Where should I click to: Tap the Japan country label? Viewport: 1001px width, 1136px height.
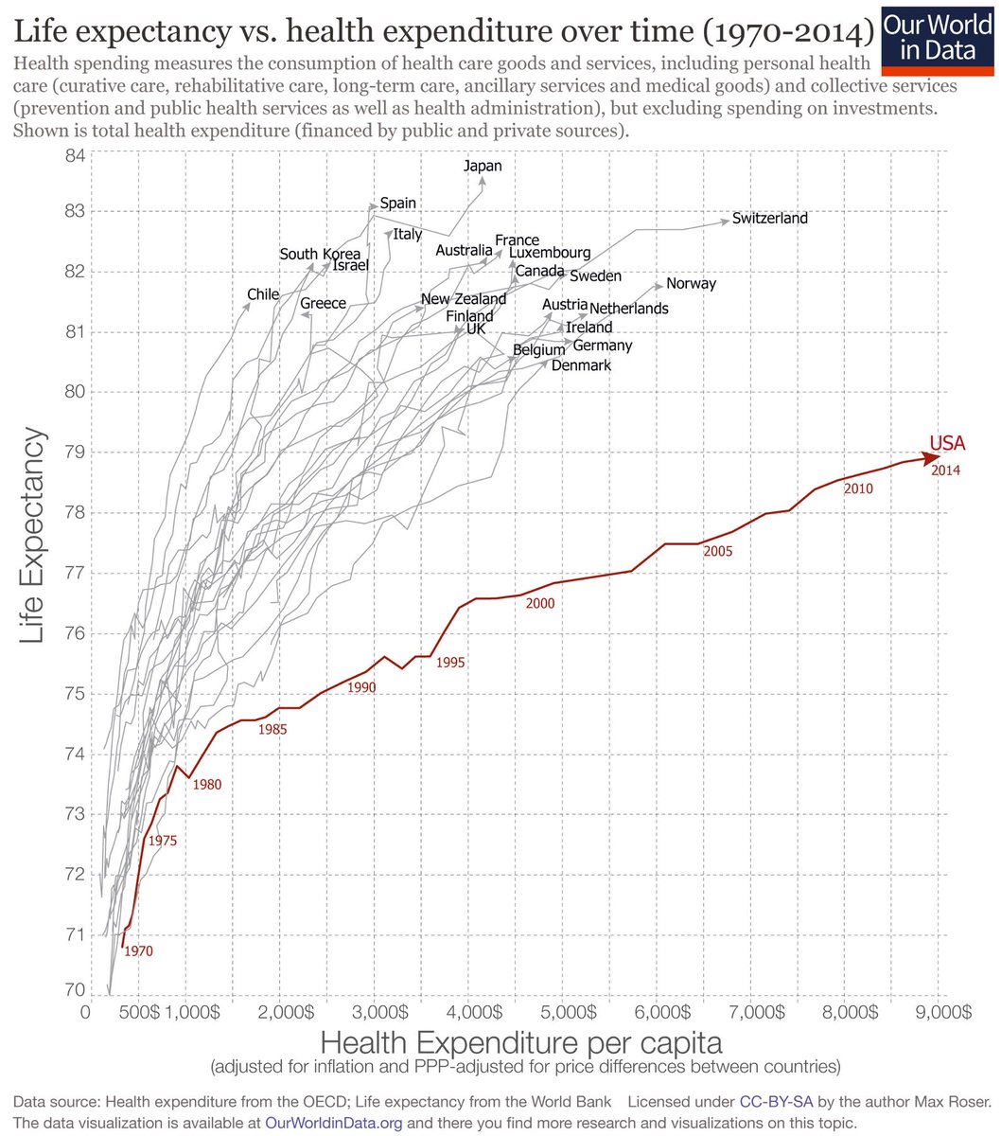click(483, 166)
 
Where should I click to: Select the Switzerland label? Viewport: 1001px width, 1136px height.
click(770, 218)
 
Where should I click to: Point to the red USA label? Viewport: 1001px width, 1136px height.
click(946, 443)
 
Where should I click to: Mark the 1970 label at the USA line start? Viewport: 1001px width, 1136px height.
click(137, 950)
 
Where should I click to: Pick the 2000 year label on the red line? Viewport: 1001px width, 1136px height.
click(540, 603)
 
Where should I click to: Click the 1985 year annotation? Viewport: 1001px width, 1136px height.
click(272, 729)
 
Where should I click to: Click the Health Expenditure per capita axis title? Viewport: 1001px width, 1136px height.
click(521, 1042)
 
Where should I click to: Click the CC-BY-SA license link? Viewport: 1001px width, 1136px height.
click(765, 1102)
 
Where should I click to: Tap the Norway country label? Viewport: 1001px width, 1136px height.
click(691, 283)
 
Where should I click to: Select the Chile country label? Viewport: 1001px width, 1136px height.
click(263, 294)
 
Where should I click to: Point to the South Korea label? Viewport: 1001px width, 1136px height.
click(320, 254)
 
